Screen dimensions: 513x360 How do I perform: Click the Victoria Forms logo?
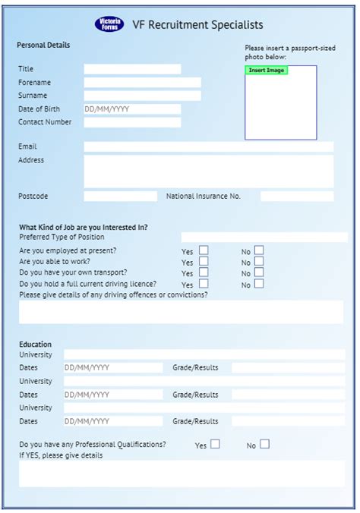109,24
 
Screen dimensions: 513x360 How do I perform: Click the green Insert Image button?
266,71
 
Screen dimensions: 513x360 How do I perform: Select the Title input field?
132,69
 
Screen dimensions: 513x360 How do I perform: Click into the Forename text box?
142,83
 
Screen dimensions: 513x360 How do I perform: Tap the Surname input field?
142,96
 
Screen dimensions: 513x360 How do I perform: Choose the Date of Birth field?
132,109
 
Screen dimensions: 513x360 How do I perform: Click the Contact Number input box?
132,122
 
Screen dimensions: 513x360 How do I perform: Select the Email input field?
208,146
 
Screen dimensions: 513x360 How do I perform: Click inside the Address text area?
208,171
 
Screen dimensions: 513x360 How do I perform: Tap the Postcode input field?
120,197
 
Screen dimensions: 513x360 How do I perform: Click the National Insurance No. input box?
296,197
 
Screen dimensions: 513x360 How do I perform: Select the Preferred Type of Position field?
264,238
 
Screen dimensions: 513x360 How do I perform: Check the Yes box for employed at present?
204,250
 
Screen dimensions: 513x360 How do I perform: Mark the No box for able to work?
259,262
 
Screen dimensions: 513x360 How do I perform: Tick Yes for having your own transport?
204,272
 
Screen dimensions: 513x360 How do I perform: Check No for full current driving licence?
259,284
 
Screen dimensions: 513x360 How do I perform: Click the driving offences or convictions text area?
181,311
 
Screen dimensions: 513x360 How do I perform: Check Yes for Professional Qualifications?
215,445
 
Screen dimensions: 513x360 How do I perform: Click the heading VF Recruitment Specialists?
197,25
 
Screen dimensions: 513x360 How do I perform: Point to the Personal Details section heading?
43,46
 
